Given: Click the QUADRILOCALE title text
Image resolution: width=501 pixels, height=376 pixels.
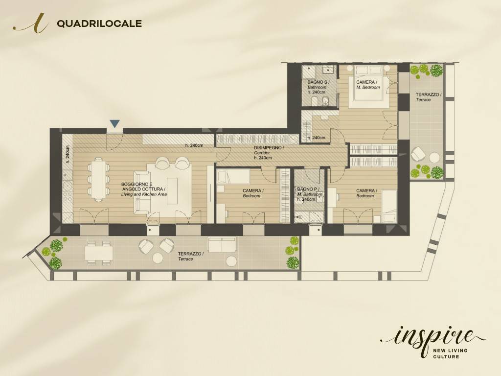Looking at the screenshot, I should (99, 23).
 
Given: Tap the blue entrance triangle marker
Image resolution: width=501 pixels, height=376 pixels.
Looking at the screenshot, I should (114, 124).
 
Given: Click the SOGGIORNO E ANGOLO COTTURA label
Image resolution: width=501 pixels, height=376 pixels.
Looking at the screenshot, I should (143, 189).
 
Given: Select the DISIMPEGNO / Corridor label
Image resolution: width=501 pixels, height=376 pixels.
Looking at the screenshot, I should (269, 152).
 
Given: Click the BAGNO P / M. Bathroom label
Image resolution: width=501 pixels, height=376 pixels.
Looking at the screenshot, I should (309, 194).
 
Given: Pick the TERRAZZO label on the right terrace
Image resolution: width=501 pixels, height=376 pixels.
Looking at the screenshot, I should (429, 96).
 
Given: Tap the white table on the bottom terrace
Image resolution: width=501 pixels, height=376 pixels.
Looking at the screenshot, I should (99, 253).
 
